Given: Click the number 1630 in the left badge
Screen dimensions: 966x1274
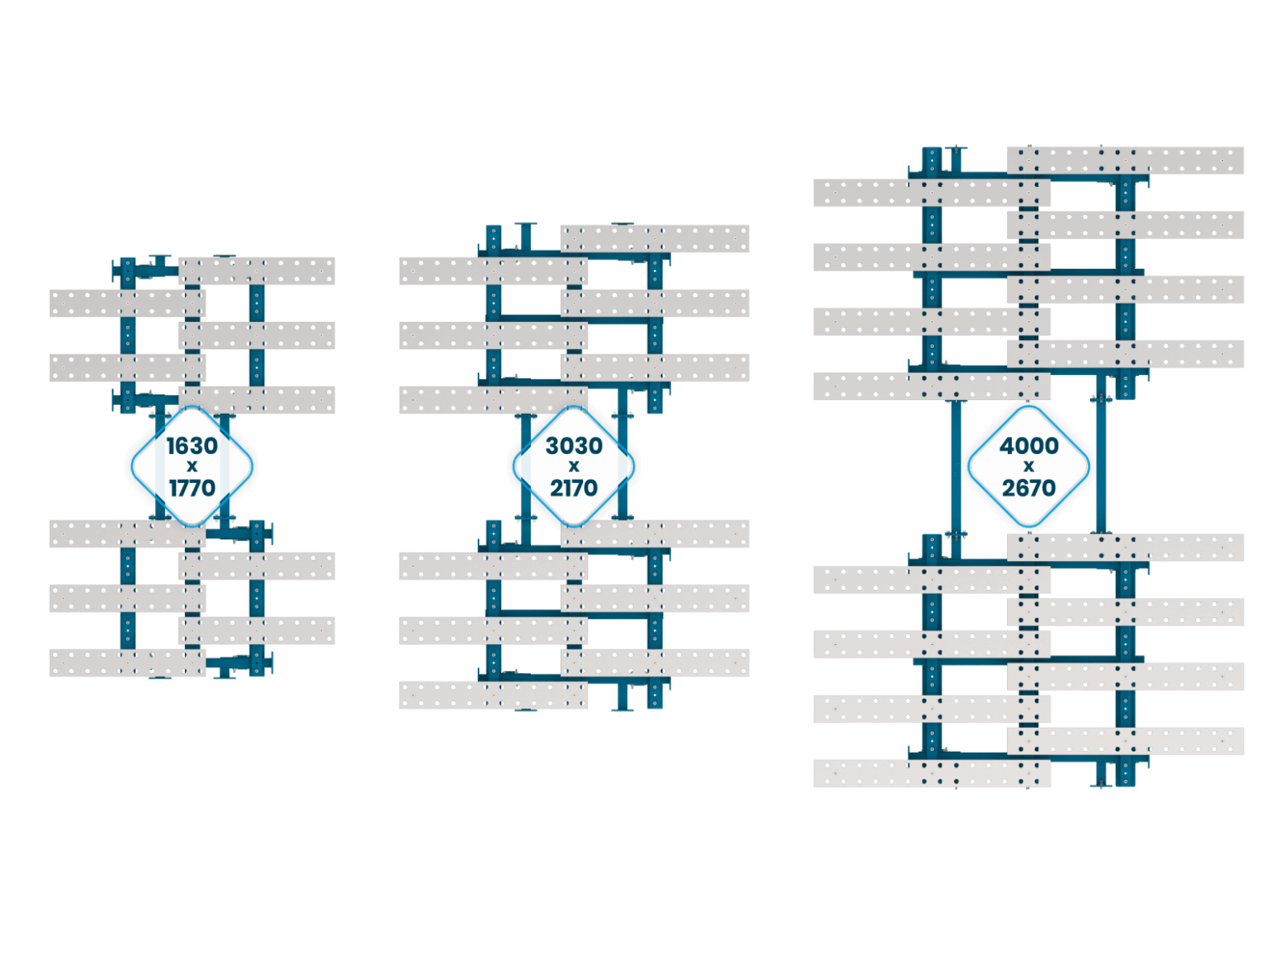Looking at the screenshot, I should (x=192, y=446).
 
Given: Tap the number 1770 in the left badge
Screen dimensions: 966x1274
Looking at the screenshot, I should (x=192, y=487).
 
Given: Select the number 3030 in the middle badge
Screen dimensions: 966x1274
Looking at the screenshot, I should (x=573, y=446).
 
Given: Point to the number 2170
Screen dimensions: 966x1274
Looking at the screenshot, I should (x=573, y=487).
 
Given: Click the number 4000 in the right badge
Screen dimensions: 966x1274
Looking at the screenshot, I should (x=1028, y=446).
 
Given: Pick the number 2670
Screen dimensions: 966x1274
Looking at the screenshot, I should (x=1028, y=487).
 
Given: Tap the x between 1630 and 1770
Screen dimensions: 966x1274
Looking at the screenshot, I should (x=192, y=467).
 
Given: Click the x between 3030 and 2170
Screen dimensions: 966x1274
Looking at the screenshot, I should (x=573, y=467).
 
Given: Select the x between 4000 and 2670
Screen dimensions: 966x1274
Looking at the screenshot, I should (x=1028, y=467).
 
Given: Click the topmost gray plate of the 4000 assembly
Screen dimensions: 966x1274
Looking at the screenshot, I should (x=1126, y=160).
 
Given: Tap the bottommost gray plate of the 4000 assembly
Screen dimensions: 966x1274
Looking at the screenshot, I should (x=931, y=773).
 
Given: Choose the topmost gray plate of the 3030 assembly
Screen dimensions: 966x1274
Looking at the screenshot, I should (x=654, y=238).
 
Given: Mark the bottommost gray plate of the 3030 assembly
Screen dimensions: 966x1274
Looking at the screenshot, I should (x=494, y=695).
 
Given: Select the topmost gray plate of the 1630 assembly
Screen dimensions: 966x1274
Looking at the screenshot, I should (x=257, y=271).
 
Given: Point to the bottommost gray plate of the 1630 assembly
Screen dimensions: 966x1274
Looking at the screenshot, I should (x=127, y=662).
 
